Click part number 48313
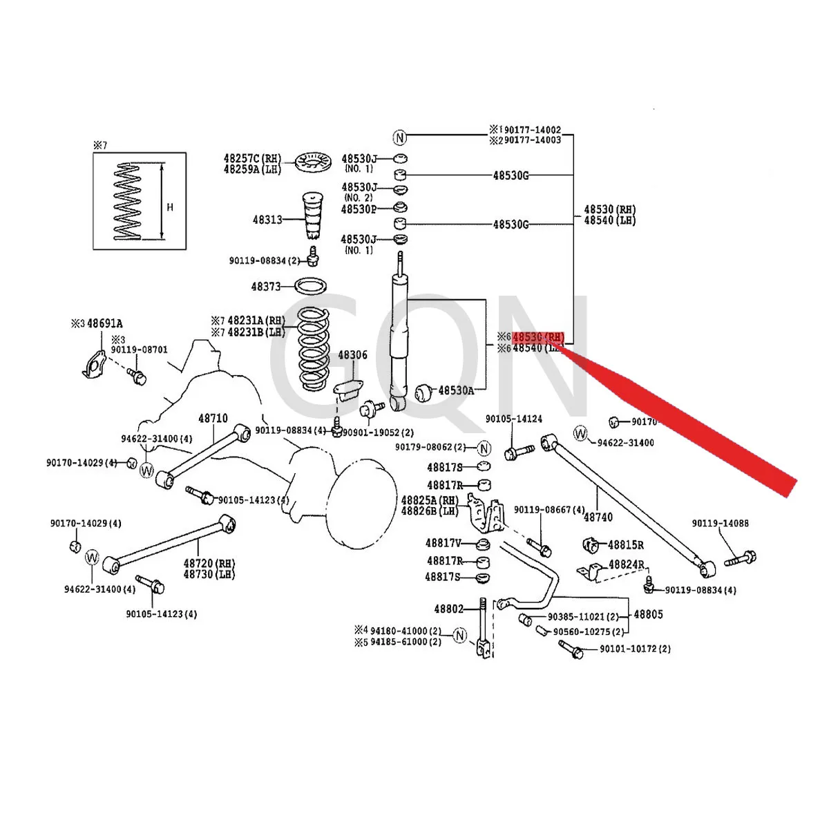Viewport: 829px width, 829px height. coord(267,220)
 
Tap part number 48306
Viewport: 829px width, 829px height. coord(352,355)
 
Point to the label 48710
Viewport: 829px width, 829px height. coord(213,419)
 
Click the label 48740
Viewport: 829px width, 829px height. coord(598,517)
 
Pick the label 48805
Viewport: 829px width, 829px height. coord(648,614)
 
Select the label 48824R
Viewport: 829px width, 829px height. coord(626,564)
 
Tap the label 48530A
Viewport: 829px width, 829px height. coord(456,390)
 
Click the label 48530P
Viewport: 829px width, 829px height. coord(359,209)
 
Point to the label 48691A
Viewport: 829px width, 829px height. coord(104,323)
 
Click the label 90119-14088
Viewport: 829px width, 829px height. coord(721,524)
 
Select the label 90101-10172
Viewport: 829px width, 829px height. coord(635,649)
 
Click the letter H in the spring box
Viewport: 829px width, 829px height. coord(170,207)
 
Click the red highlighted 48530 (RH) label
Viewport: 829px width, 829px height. coord(538,337)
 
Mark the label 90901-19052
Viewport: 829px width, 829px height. coord(379,432)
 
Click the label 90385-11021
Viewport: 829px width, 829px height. coord(576,617)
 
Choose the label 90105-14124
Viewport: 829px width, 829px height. coord(513,419)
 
